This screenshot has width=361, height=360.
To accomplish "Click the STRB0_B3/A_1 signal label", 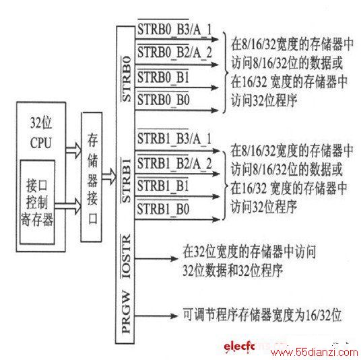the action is click(174, 30).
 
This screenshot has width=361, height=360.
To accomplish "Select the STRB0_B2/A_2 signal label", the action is click(174, 52).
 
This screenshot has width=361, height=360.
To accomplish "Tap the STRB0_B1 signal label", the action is click(163, 77).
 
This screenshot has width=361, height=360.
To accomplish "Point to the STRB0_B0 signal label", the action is click(164, 100).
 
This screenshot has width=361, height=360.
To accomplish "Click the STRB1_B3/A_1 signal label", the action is click(174, 139).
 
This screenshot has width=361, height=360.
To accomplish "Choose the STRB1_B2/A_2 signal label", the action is click(174, 164).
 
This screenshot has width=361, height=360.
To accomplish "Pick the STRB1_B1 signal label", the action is click(163, 186).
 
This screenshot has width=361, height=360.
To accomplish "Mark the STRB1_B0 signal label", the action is click(163, 209).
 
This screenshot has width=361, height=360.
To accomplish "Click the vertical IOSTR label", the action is click(126, 256).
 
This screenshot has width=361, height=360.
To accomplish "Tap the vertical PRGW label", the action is click(126, 313).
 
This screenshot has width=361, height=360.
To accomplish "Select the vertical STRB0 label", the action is click(127, 79).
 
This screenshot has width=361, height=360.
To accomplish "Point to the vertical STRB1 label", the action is click(126, 180).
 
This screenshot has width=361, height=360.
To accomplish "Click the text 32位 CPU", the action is click(41, 133).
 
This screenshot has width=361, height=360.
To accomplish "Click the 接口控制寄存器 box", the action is click(37, 202).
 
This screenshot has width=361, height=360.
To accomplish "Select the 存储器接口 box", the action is click(92, 177).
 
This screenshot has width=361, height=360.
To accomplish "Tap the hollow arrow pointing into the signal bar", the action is click(109, 177).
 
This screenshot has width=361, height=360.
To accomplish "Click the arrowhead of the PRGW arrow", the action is click(174, 316).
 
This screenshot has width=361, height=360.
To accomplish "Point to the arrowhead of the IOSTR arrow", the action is click(174, 259).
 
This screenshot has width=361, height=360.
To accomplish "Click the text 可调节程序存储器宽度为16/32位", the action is click(262, 315).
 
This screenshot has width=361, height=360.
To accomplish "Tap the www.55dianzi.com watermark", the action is click(315, 352).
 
